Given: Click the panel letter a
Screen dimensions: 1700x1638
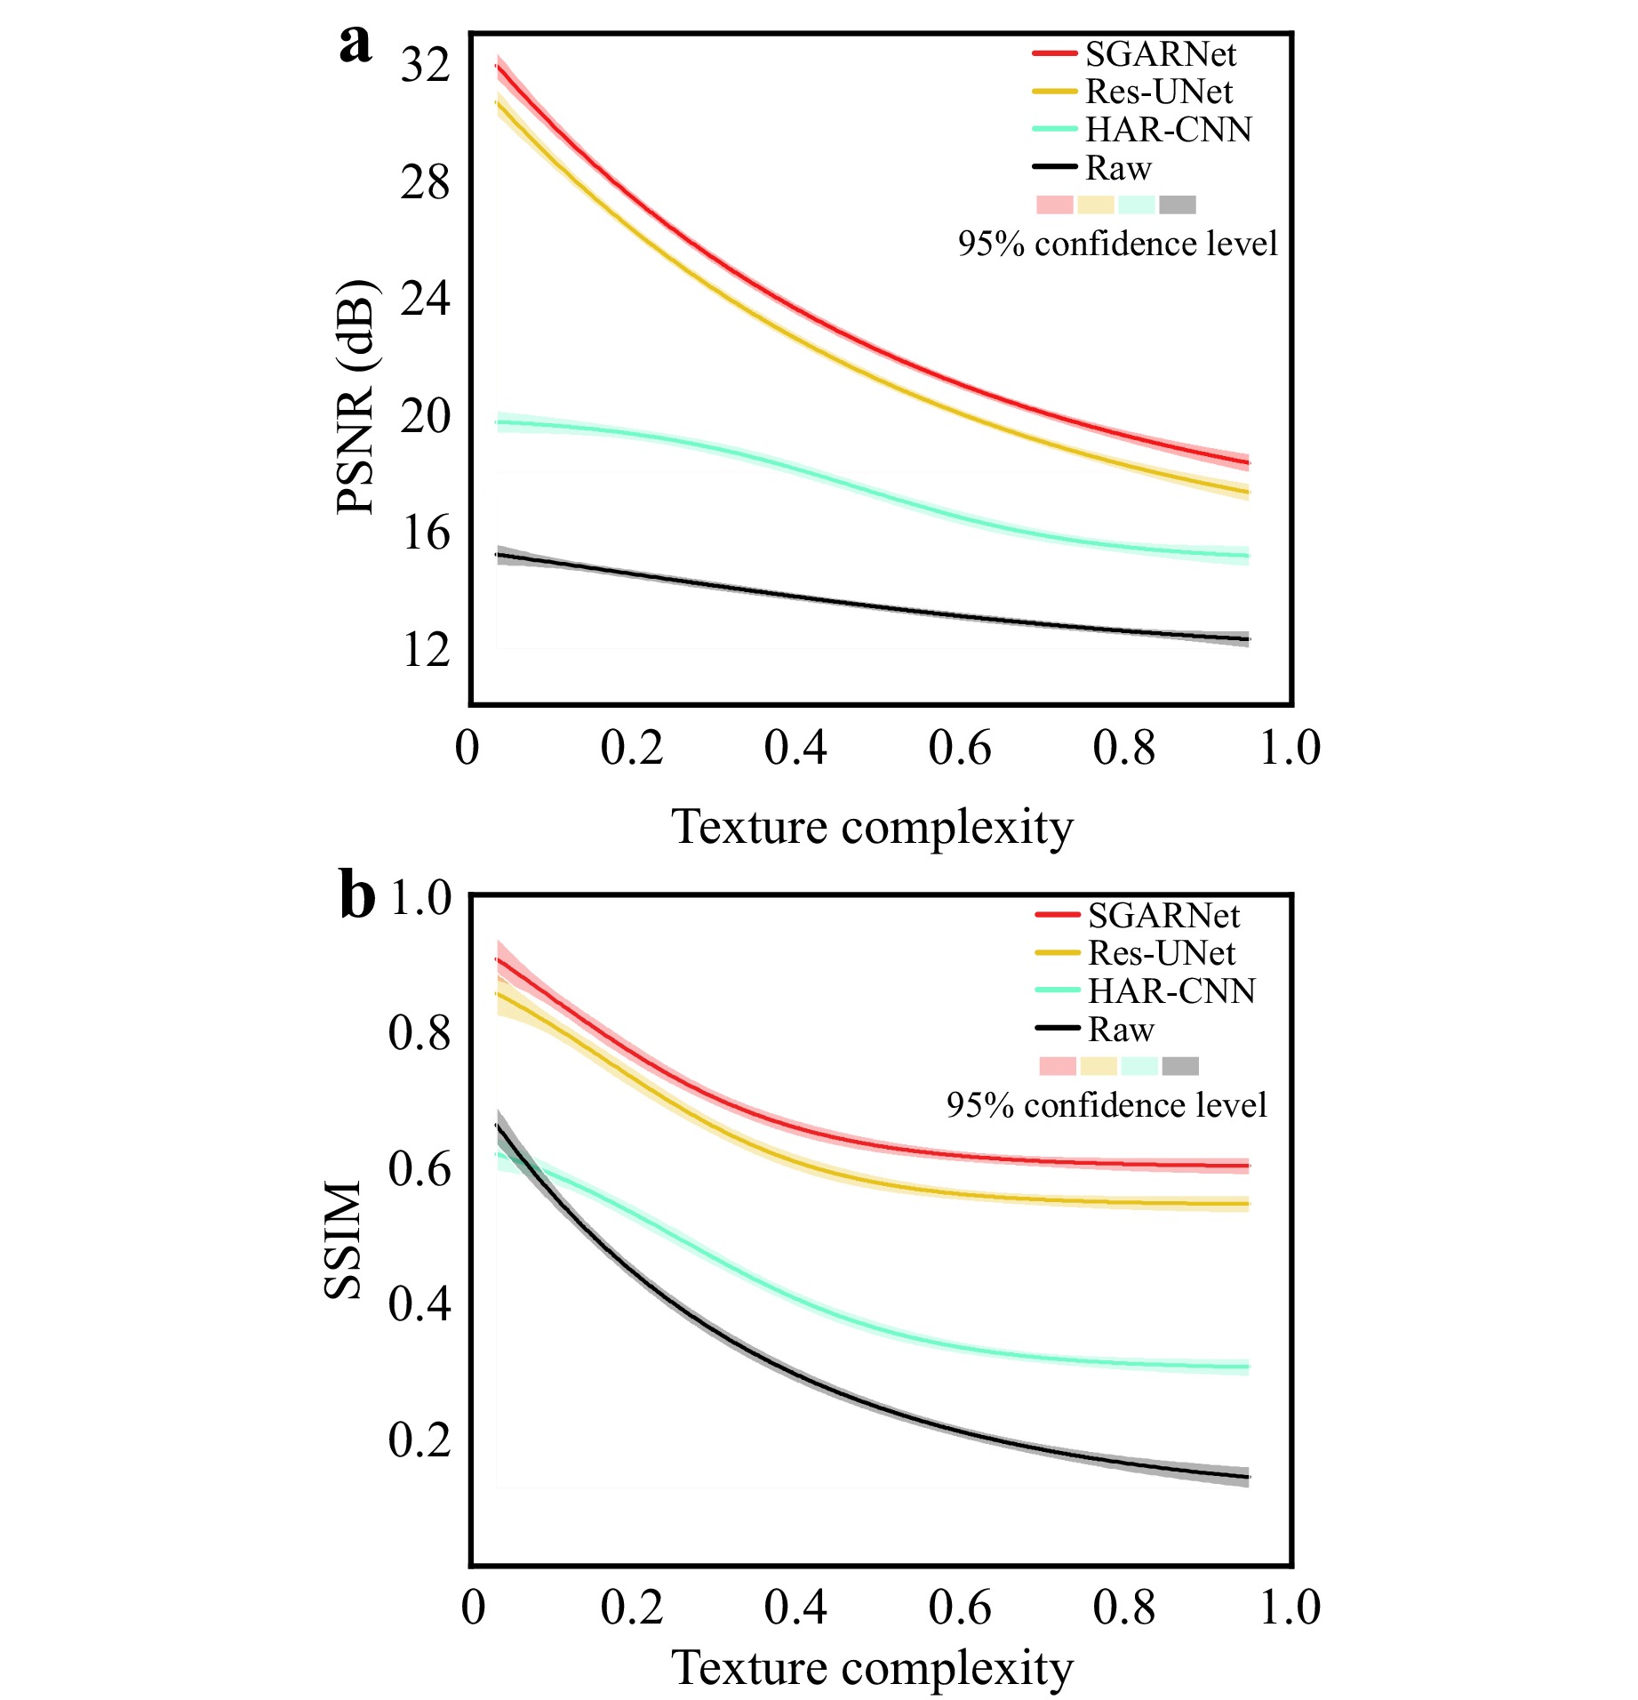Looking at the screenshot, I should [356, 44].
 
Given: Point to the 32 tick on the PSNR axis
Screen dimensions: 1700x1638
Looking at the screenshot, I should [425, 65].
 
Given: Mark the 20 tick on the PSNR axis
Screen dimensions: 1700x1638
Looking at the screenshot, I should [425, 416].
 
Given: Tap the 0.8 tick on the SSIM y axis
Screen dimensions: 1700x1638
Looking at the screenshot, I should [419, 1032].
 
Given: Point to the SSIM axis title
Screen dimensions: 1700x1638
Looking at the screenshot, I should [343, 1239].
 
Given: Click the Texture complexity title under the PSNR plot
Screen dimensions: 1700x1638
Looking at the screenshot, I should [872, 827].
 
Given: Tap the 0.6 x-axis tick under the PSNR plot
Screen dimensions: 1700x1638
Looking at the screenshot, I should [959, 748].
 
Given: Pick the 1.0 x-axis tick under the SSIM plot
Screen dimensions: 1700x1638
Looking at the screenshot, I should [1290, 1607].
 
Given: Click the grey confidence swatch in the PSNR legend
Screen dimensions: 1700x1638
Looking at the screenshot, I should [1178, 204].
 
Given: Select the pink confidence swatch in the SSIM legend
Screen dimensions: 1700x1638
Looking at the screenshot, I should [1058, 1065].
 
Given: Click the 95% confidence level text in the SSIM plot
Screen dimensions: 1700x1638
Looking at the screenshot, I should [1107, 1105].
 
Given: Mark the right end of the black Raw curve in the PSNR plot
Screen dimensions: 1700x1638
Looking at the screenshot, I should [1248, 639].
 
